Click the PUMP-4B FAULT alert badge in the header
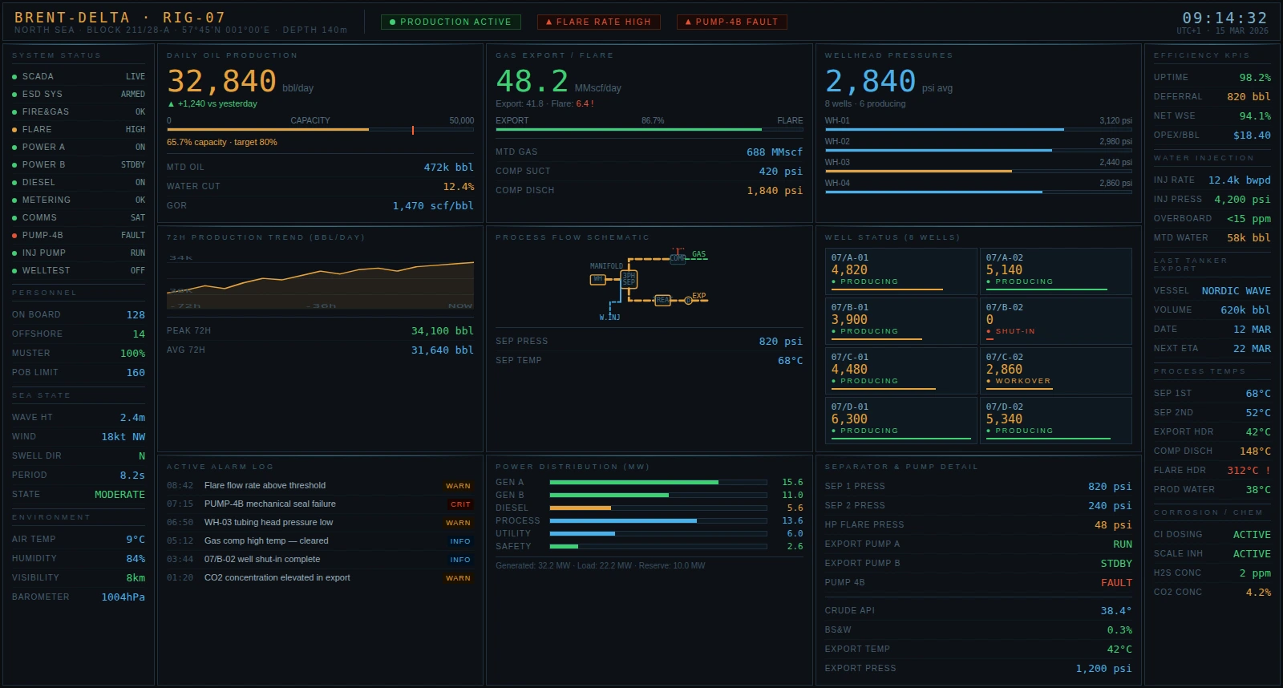coord(731,22)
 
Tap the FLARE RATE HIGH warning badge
coord(598,22)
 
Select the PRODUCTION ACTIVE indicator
coord(451,22)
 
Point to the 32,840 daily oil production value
coord(222,82)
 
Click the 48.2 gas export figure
coord(532,82)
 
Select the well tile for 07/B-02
coord(1055,321)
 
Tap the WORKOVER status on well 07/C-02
coord(1022,381)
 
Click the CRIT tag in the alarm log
coord(460,504)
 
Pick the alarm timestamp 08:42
coord(180,486)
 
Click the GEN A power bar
coord(633,483)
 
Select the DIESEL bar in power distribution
coord(580,508)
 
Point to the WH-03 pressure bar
coord(917,172)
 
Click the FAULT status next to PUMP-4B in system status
coord(133,236)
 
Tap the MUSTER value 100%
coord(132,354)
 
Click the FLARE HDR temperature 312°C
coord(1248,471)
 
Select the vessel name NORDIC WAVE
coord(1236,291)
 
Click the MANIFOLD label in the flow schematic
coord(606,266)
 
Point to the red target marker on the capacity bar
coord(413,130)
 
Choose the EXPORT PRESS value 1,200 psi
coord(1103,669)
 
